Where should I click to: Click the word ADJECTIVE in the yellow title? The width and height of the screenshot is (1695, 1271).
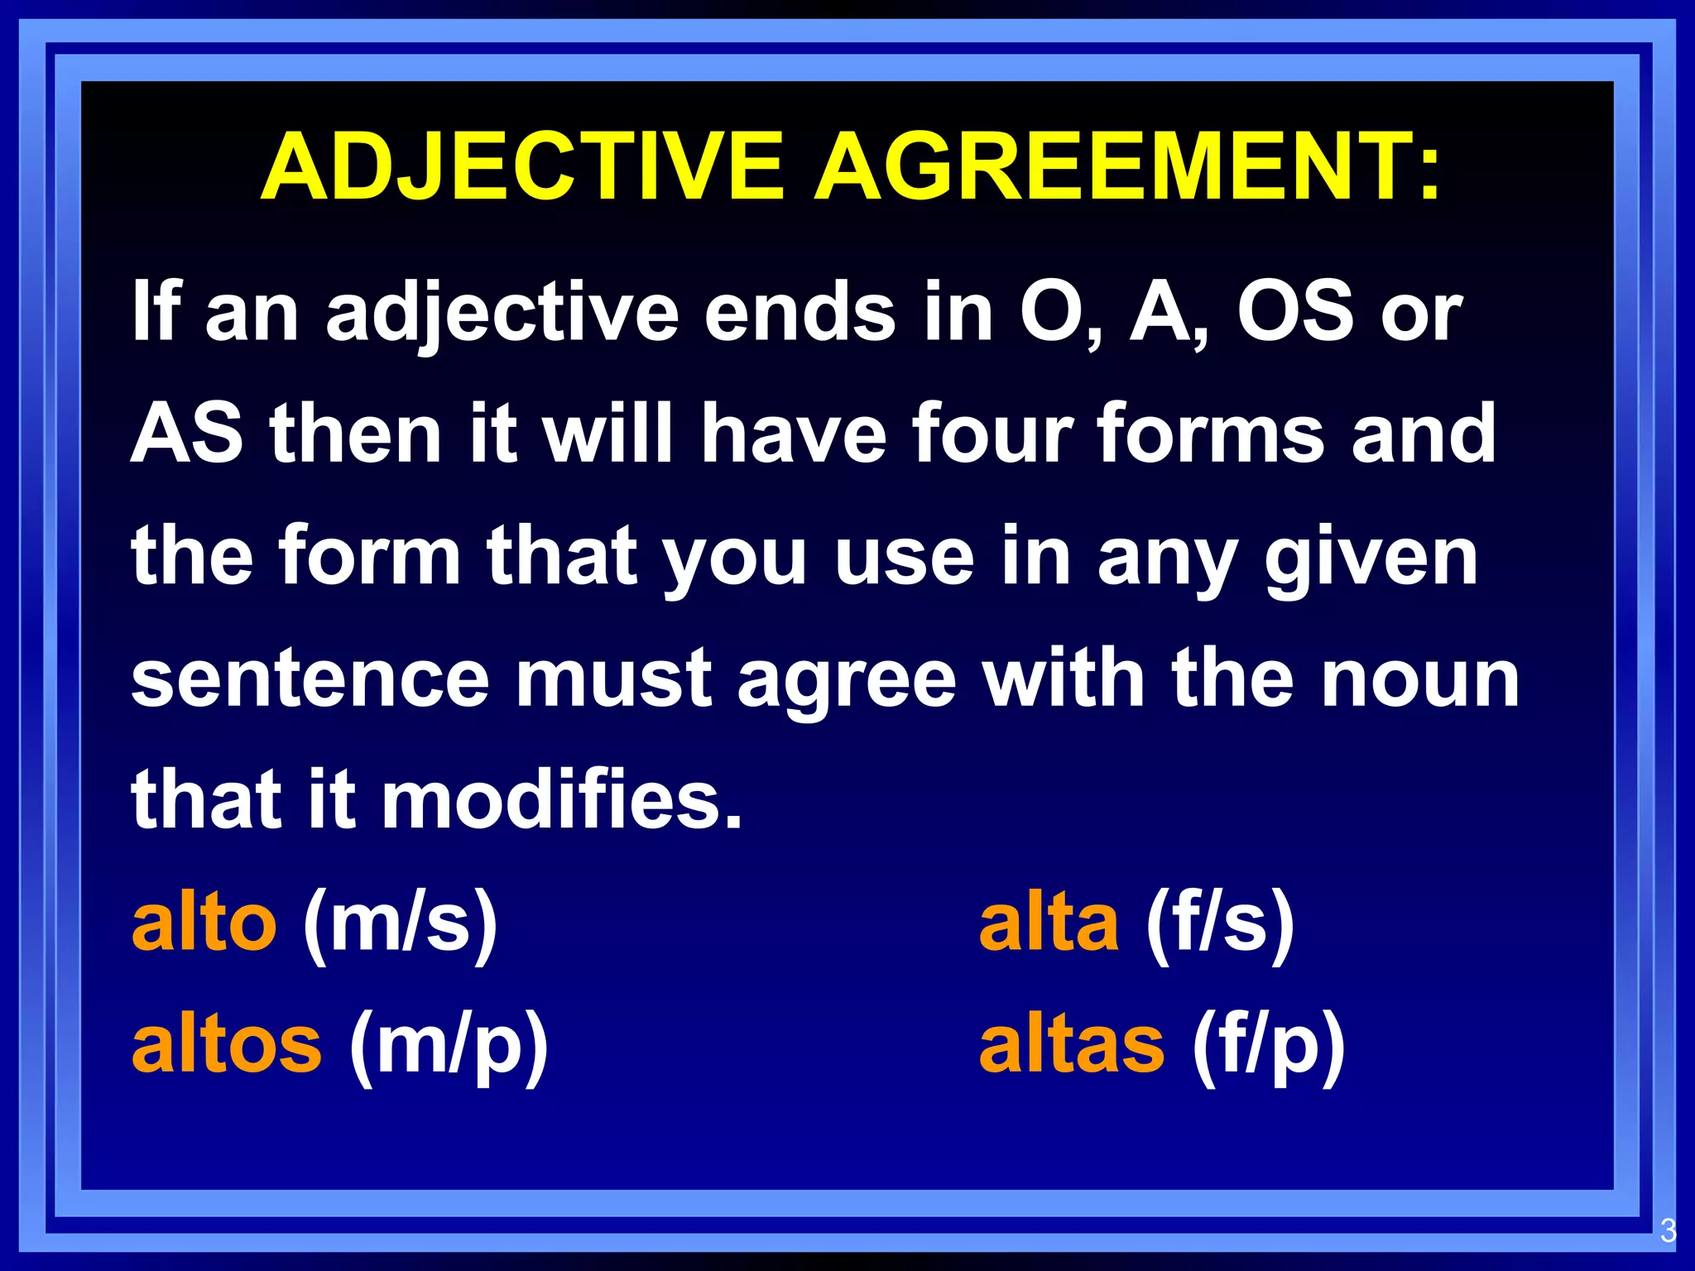coord(522,167)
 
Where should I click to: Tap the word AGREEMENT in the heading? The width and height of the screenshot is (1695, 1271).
coord(1127,167)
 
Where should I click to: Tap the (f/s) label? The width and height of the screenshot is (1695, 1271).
coord(1220,924)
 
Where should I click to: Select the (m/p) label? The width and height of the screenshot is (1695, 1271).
coord(449,1047)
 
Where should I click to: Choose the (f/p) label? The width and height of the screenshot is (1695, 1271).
coord(1269,1047)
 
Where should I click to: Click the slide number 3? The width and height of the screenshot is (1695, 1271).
coord(1668,1231)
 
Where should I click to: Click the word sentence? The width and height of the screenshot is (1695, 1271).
coord(310,679)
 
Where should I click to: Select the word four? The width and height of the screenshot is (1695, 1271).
coord(993,434)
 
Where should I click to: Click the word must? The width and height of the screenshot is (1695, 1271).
coord(614,679)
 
